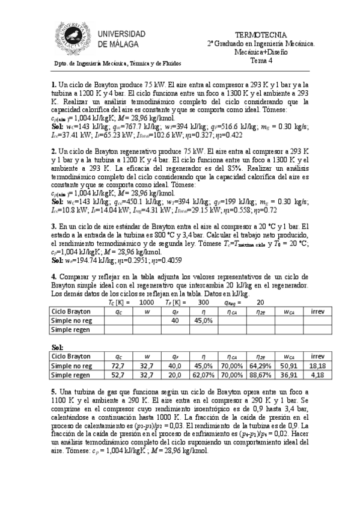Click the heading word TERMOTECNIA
pos(261,35)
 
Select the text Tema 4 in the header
pos(261,60)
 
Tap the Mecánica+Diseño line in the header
pos(261,52)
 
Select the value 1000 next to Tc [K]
pos(146,303)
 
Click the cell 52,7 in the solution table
pos(118,374)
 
